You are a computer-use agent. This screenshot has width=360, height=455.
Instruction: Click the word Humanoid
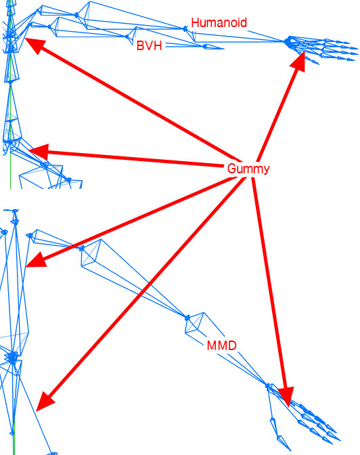(x=219, y=22)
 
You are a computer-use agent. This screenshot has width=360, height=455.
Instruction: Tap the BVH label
(x=149, y=45)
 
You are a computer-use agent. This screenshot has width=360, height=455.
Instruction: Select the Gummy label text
(x=248, y=169)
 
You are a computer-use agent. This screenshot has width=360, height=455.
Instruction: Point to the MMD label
(x=222, y=345)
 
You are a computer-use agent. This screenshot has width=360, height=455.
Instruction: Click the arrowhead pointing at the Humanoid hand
(x=298, y=62)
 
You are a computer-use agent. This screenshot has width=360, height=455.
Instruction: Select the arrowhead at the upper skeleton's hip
(x=39, y=152)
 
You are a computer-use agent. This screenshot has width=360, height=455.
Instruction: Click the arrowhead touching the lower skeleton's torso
(x=36, y=259)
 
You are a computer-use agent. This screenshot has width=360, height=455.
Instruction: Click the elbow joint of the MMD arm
(x=187, y=318)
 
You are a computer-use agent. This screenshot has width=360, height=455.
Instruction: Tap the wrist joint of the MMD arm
(x=268, y=386)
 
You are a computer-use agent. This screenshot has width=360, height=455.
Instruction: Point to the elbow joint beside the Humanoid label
(x=185, y=28)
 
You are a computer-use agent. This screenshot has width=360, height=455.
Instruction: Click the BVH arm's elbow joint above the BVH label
(x=127, y=37)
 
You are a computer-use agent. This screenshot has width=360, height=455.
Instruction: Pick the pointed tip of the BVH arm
(x=223, y=49)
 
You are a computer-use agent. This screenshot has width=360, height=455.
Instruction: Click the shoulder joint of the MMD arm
(x=82, y=248)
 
